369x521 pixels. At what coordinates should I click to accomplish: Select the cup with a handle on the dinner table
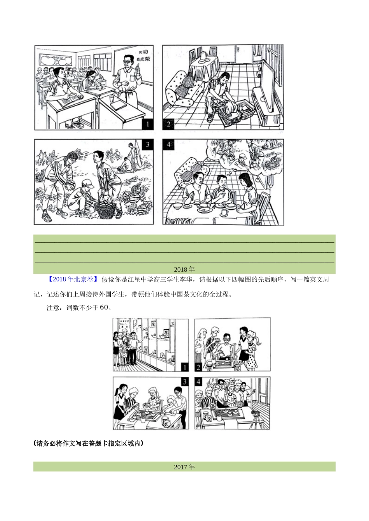coord(225,212)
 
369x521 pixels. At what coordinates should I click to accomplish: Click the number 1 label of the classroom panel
coord(147,124)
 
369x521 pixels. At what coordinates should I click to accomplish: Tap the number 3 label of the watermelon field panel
coord(147,145)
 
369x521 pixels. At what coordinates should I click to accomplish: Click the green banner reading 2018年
coord(184,269)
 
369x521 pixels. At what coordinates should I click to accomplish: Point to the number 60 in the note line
coord(104,307)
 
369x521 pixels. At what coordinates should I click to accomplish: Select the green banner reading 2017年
coord(184,467)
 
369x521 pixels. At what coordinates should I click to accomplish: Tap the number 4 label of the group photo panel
coord(199,381)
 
